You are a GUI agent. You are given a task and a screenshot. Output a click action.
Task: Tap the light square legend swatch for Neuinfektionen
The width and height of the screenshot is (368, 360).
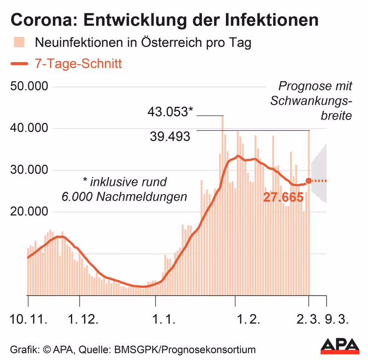point(18,43)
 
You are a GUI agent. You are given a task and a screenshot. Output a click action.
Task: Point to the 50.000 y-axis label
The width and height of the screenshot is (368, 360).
point(29,87)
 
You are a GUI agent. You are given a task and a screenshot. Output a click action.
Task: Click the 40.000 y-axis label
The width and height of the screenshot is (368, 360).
point(29,128)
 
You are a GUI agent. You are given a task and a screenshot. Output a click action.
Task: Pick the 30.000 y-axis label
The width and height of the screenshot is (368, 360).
point(29,170)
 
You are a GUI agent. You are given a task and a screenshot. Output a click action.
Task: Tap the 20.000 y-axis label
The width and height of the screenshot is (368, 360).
point(29,212)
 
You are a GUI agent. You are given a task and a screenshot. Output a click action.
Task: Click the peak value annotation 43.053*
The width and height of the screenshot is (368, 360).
point(169,111)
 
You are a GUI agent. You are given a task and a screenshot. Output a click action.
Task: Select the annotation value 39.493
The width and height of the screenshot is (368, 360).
point(170,137)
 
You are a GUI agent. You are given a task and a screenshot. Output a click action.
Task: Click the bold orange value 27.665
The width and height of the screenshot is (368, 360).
point(283,197)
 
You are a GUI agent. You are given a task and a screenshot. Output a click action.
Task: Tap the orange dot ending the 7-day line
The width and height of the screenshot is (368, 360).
point(309,181)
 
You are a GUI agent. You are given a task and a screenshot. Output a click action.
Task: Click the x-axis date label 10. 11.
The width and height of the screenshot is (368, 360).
point(29,319)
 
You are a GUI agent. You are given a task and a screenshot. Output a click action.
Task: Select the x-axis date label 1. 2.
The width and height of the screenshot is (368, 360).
point(247,319)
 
